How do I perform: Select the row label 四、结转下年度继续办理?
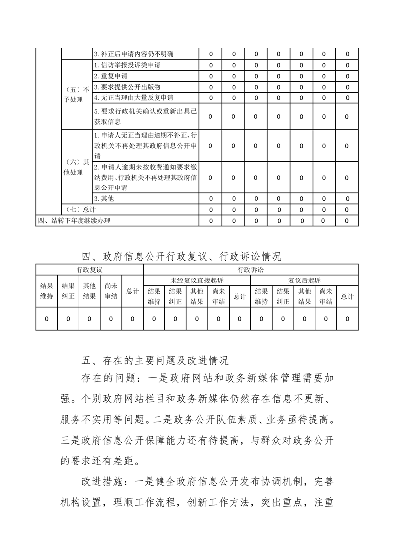click(74, 221)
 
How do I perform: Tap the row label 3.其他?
click(104, 199)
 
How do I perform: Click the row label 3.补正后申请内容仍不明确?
click(134, 54)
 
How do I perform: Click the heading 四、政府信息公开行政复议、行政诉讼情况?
click(181, 257)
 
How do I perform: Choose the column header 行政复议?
click(89, 270)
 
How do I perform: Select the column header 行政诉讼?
click(250, 270)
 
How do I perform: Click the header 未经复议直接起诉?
click(197, 280)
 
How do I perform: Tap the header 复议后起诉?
click(305, 280)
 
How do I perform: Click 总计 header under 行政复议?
click(132, 291)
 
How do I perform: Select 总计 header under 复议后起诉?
click(347, 297)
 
